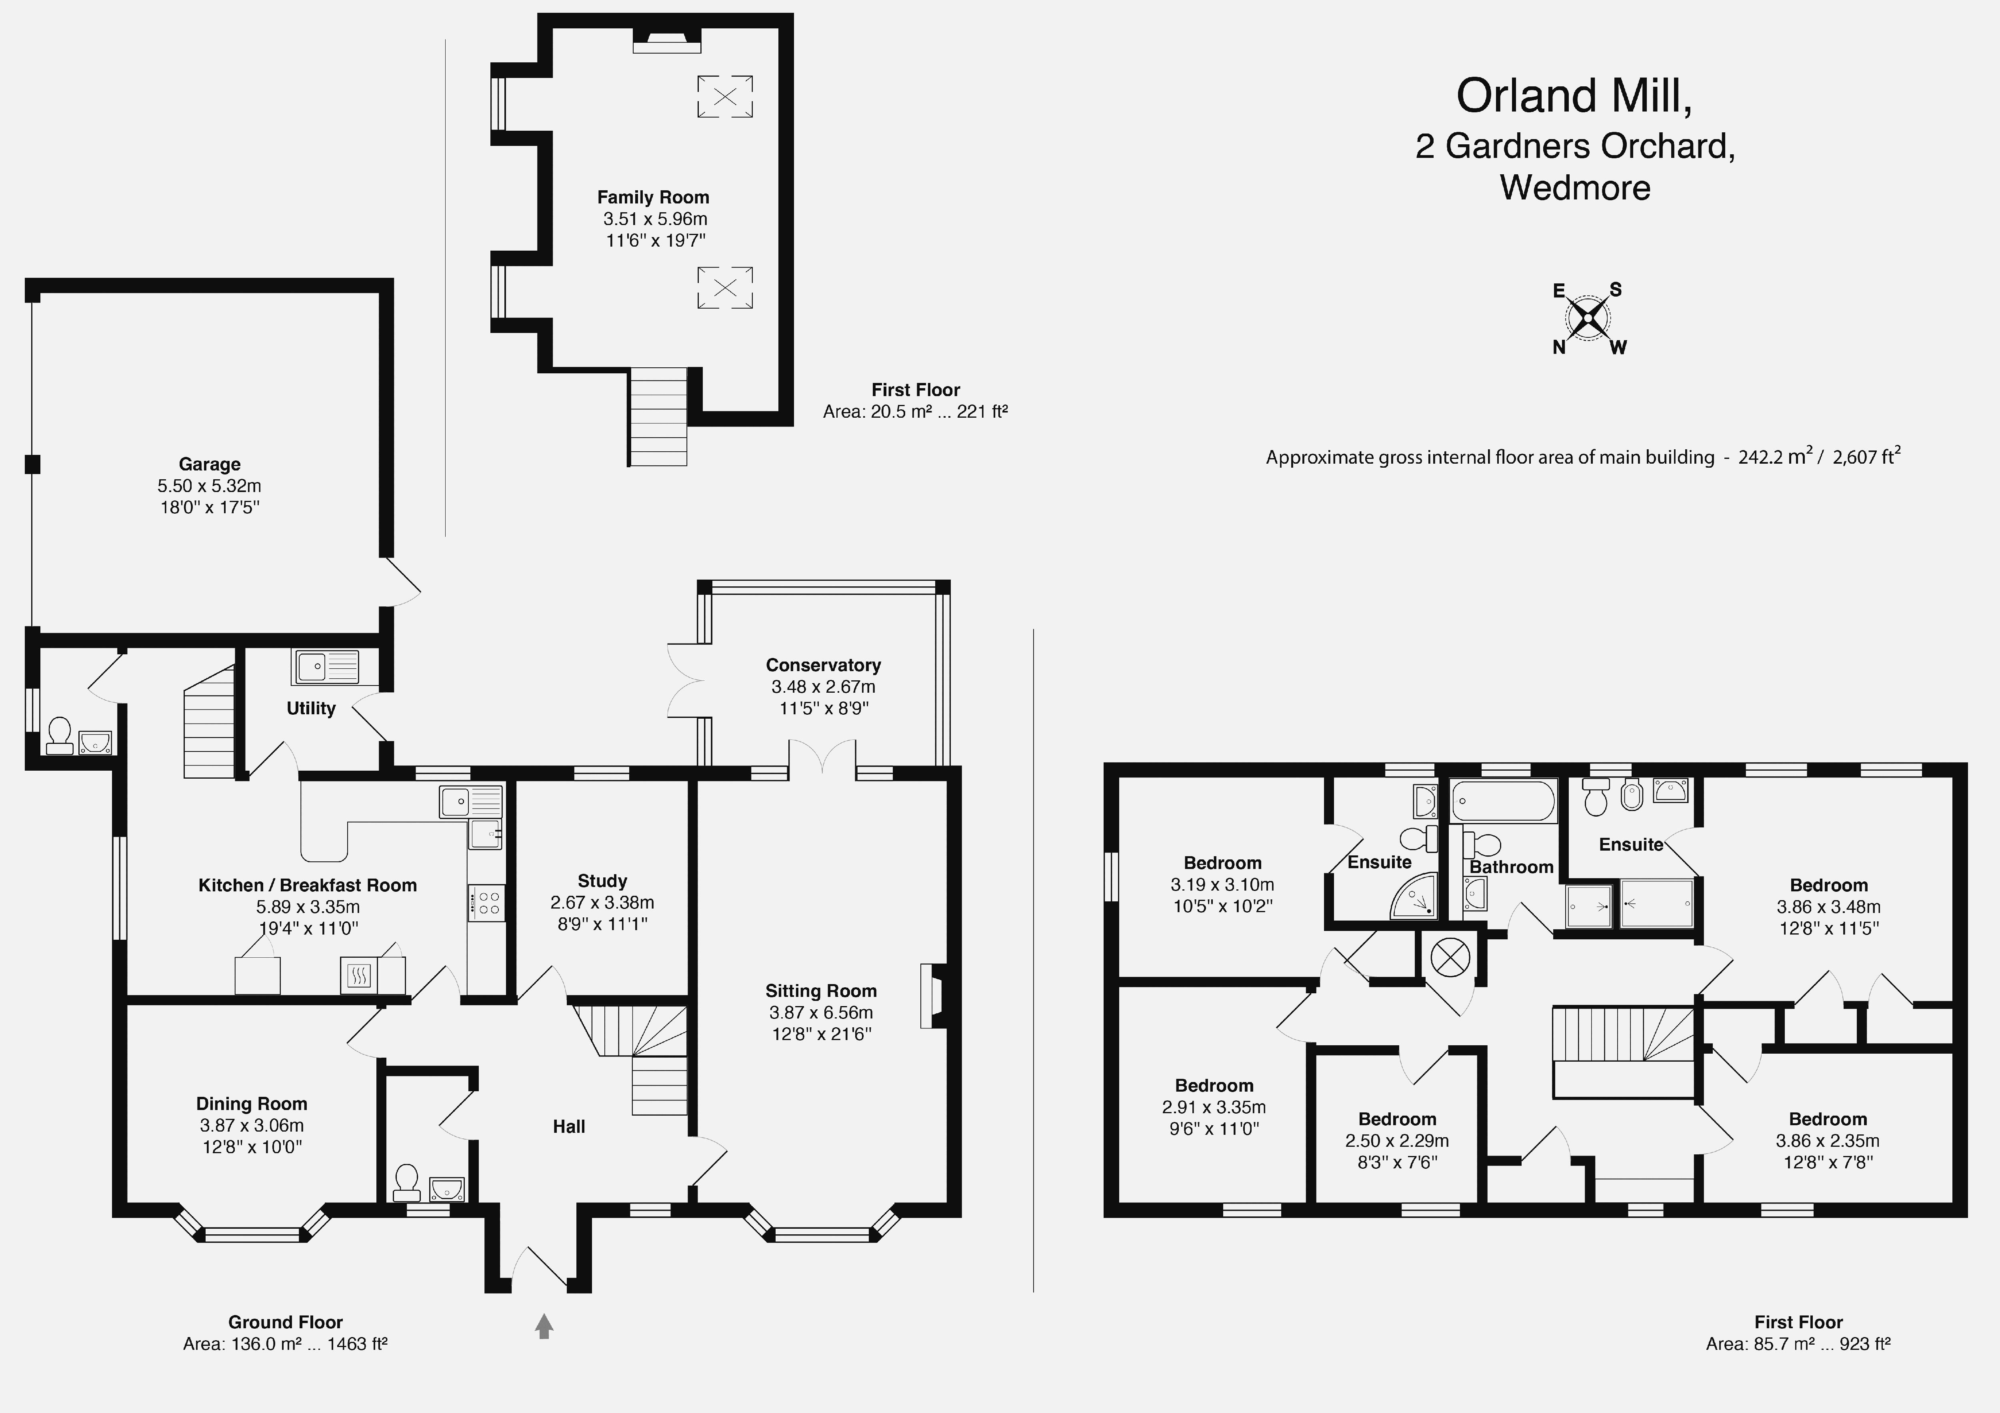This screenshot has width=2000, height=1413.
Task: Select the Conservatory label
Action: [x=823, y=665]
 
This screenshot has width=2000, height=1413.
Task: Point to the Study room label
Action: [x=602, y=881]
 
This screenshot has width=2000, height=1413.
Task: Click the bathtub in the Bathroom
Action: [x=1504, y=801]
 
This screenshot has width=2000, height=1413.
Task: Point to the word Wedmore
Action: [x=1575, y=188]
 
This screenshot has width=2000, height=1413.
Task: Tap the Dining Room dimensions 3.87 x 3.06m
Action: [x=252, y=1126]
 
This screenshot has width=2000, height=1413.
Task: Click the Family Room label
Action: [x=653, y=197]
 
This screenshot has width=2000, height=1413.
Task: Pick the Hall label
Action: [x=569, y=1126]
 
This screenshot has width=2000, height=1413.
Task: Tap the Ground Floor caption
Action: [x=286, y=1322]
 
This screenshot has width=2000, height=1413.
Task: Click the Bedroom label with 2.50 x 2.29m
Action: [x=1397, y=1120]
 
